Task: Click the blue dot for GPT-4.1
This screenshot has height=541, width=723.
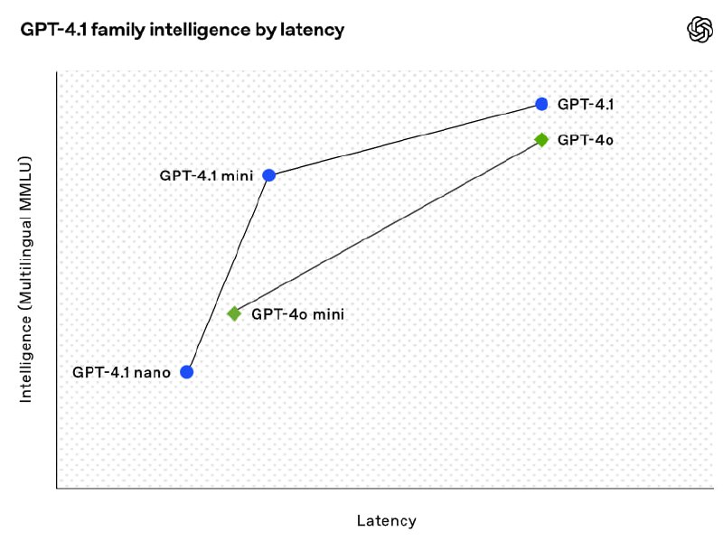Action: [541, 104]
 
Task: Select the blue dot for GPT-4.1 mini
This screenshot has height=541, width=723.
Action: [268, 174]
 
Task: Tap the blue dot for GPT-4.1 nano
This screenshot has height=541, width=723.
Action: [187, 371]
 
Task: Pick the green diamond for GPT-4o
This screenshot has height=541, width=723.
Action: [541, 140]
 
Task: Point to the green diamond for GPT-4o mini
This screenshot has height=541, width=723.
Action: [234, 313]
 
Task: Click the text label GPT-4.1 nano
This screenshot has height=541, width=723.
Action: [122, 371]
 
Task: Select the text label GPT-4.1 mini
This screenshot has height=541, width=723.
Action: [206, 174]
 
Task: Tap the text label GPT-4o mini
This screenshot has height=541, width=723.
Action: [298, 314]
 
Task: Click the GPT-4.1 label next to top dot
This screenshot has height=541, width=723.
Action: [586, 104]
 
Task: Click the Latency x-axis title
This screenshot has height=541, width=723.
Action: [387, 520]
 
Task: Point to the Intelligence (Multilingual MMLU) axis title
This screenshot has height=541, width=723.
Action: [26, 279]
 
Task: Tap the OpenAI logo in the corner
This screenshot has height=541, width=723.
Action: [700, 30]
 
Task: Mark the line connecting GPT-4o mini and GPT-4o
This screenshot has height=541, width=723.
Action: [388, 227]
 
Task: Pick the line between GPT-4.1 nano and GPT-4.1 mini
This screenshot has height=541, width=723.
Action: [228, 273]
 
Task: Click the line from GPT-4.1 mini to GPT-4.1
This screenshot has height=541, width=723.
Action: [405, 139]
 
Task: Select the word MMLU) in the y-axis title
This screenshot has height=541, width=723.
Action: [26, 180]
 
